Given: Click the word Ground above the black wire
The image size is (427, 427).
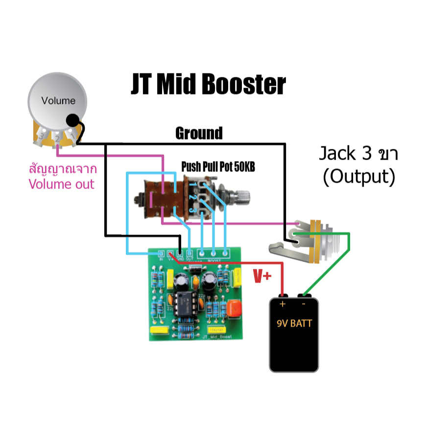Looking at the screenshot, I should pyautogui.click(x=199, y=133).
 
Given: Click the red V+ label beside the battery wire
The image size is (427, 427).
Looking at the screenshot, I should pyautogui.click(x=262, y=277).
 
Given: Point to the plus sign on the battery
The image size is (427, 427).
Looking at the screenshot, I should pyautogui.click(x=283, y=304).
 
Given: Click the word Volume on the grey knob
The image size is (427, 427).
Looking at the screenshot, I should pyautogui.click(x=59, y=101).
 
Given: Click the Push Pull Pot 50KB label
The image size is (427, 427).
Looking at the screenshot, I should pyautogui.click(x=218, y=167).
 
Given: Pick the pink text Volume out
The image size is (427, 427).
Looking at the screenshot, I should pyautogui.click(x=61, y=185).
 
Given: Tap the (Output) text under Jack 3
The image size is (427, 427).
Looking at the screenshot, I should pyautogui.click(x=358, y=177).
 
